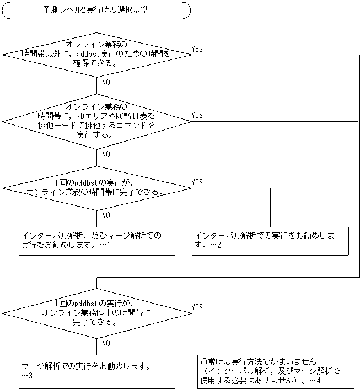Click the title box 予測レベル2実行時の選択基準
(96, 10)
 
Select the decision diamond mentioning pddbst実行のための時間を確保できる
(96, 54)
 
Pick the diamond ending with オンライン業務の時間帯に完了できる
(96, 187)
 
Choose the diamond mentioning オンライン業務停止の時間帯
(96, 312)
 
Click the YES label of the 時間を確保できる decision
(197, 49)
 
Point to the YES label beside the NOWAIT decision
(197, 115)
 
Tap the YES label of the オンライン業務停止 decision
(197, 307)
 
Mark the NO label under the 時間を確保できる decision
(105, 82)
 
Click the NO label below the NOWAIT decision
(105, 154)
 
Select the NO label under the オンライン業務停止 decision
(105, 343)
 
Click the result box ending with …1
(96, 240)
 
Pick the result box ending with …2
(270, 240)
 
